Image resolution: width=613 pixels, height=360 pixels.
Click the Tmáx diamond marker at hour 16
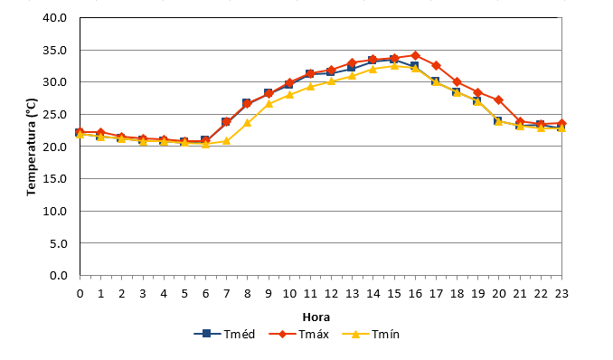coord(415,55)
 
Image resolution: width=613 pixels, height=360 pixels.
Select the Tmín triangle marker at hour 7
coord(226,140)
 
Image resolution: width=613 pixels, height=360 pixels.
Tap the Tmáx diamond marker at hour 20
coord(499,100)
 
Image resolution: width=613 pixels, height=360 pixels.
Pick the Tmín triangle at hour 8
coord(248,123)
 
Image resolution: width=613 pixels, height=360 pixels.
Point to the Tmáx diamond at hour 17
coord(437,66)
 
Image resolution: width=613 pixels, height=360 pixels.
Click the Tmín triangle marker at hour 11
coord(310,87)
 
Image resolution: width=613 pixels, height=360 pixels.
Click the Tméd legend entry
coord(224,334)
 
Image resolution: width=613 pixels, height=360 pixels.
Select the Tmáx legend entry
coord(299,334)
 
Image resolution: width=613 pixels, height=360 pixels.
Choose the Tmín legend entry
coord(371,334)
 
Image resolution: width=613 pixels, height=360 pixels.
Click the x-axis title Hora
coord(316,317)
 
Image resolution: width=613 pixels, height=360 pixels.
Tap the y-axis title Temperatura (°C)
coord(32,147)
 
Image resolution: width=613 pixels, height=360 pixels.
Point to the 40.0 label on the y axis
coord(55,18)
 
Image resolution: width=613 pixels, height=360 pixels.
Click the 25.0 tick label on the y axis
coord(55,115)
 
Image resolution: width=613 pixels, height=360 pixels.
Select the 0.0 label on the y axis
coord(59,276)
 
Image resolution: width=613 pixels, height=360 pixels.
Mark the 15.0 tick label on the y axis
coord(55,179)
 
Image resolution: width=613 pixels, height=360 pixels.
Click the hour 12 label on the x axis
coord(331,293)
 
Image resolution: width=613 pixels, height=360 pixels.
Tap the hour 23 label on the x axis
coord(561,293)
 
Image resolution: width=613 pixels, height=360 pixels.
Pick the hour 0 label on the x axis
coord(80,293)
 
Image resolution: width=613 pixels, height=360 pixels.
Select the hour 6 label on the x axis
coord(205,293)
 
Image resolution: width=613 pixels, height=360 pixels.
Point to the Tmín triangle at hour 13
coord(353,75)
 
